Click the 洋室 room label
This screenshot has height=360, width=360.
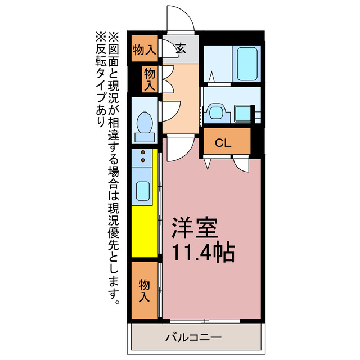pos(195,227)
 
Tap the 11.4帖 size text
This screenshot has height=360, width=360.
pos(204,253)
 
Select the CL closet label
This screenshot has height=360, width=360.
pos(223,143)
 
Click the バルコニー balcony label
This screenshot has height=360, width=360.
pos(193,337)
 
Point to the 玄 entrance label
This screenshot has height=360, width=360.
pos(181,49)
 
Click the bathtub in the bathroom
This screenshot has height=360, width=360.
pos(247,64)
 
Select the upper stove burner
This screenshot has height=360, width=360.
pos(143,152)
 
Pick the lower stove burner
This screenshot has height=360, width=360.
pos(143,160)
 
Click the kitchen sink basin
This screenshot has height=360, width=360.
pos(143,191)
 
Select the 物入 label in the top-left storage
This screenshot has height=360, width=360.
pos(145,49)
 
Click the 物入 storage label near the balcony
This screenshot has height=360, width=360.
pos(144,290)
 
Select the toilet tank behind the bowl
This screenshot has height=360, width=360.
pos(145,137)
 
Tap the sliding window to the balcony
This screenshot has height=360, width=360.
pos(205,321)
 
